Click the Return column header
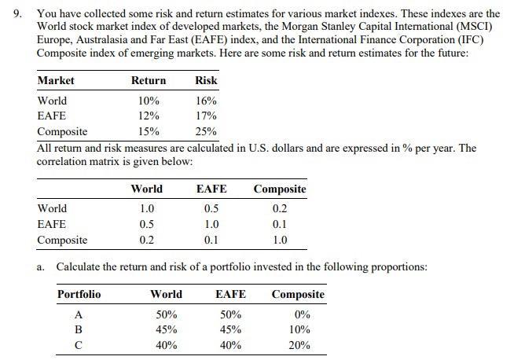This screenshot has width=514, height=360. (149, 80)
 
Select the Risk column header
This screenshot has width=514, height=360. (207, 80)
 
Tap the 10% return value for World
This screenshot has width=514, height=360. (149, 101)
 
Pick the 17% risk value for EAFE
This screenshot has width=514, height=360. (207, 116)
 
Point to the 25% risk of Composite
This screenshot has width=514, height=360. (207, 131)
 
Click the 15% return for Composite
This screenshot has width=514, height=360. (149, 131)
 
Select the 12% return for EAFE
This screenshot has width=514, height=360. (149, 116)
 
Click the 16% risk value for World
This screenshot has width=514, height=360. (207, 101)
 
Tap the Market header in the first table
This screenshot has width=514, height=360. (56, 80)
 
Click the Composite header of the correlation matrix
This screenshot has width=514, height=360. (280, 189)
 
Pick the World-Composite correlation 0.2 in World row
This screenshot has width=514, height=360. (280, 208)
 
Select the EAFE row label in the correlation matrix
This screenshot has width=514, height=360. (52, 224)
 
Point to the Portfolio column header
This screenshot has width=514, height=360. (79, 294)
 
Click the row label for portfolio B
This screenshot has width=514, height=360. (78, 329)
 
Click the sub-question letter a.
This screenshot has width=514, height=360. (41, 267)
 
